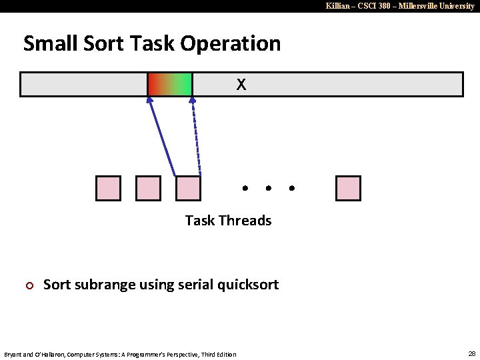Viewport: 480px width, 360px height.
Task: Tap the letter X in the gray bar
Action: click(241, 85)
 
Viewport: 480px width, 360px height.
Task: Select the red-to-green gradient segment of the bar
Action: click(170, 85)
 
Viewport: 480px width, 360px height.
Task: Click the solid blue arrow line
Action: click(162, 137)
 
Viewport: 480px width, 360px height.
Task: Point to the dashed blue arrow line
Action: click(195, 137)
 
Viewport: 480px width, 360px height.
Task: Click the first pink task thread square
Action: click(109, 189)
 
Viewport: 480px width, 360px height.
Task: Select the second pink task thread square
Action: click(148, 189)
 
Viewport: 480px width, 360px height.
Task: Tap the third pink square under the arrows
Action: click(188, 189)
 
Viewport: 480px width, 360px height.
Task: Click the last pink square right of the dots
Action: click(348, 189)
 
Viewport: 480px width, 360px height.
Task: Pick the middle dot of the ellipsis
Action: click(268, 189)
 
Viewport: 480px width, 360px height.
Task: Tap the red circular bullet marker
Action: click(29, 286)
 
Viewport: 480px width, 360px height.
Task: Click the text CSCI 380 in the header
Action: click(371, 5)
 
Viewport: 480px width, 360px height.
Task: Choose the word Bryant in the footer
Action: click(15, 354)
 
